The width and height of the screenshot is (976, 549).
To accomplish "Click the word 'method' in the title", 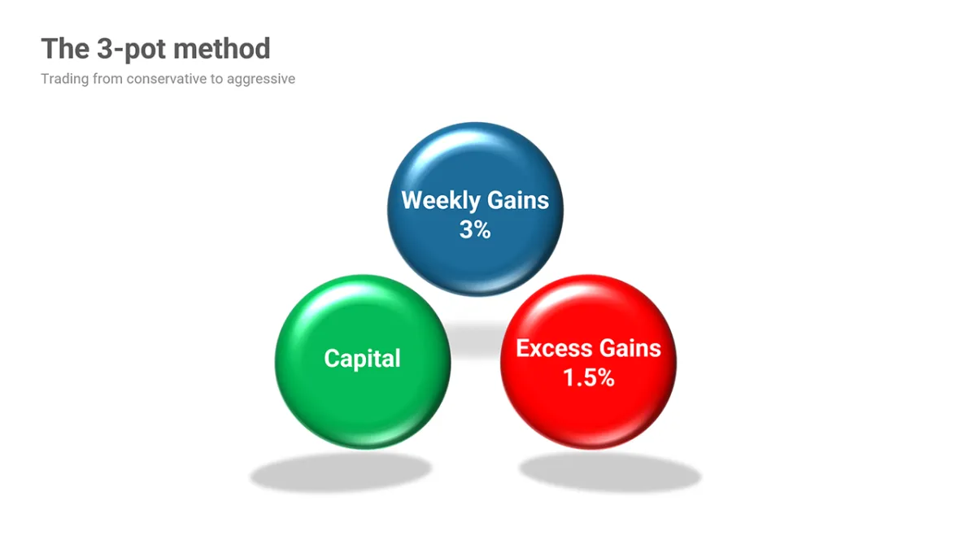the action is click(x=222, y=48).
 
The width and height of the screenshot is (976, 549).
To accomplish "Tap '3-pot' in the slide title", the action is click(x=130, y=50).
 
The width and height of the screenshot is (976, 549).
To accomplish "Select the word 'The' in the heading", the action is click(x=65, y=48).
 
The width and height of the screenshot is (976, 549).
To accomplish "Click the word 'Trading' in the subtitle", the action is click(x=65, y=80).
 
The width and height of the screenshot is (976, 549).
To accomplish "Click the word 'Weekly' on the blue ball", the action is click(x=441, y=201).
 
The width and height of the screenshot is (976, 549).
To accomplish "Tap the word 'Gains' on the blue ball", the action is click(x=518, y=200).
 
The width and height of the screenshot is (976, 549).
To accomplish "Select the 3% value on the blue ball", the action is click(x=475, y=229).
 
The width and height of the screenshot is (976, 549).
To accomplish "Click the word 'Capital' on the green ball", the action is click(x=362, y=359).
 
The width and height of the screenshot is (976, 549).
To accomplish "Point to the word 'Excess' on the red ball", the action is click(x=554, y=349).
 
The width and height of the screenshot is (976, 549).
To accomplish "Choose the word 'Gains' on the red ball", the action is click(x=630, y=349).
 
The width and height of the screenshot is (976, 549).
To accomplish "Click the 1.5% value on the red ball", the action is click(x=589, y=377).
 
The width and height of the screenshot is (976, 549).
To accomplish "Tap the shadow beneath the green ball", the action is click(x=341, y=472).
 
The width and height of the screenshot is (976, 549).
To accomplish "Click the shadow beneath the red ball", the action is click(x=610, y=472).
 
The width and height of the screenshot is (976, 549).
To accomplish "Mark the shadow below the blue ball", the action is click(x=475, y=338).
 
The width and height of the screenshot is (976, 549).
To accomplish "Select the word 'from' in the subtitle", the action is click(x=107, y=79).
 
